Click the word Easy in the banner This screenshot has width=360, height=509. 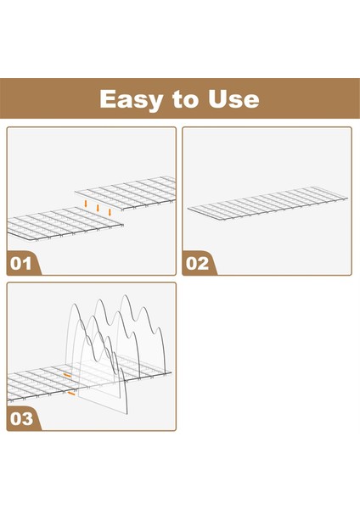click(131, 99)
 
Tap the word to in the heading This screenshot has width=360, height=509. click(185, 99)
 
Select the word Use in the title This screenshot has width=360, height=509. click(233, 99)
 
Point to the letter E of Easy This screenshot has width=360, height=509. click(108, 98)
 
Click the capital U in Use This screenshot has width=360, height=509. click(217, 99)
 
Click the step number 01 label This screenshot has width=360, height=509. click(20, 263)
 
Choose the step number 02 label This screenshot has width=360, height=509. click(197, 263)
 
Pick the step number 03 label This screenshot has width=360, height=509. click(21, 419)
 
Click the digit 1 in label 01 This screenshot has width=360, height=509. click(28, 263)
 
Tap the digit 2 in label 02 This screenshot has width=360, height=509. click(203, 263)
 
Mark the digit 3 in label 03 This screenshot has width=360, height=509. click(27, 419)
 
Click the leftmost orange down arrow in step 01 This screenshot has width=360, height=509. click(86, 204)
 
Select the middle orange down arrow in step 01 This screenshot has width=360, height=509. click(98, 208)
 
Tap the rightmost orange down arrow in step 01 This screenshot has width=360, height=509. click(110, 212)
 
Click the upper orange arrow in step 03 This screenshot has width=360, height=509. click(67, 376)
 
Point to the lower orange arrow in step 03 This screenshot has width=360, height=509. click(71, 394)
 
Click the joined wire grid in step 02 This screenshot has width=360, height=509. click(267, 204)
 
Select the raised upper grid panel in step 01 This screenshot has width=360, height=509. click(126, 193)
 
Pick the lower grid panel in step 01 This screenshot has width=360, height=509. click(65, 224)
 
